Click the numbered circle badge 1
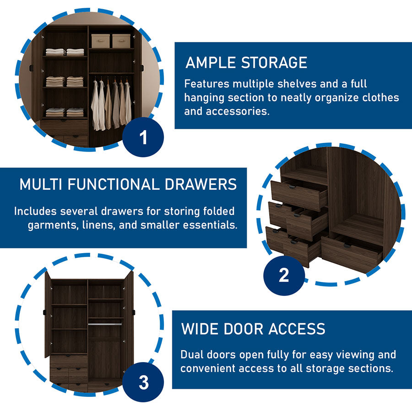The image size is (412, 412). tap(143, 138)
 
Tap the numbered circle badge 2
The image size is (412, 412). tap(284, 276)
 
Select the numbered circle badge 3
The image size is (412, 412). tap(143, 383)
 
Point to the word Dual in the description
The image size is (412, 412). tap(192, 355)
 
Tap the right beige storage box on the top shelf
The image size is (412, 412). tap(121, 41)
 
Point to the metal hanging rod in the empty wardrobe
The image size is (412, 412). tap(105, 324)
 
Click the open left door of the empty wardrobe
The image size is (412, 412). tap(47, 314)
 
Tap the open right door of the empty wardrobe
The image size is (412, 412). tap(129, 314)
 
